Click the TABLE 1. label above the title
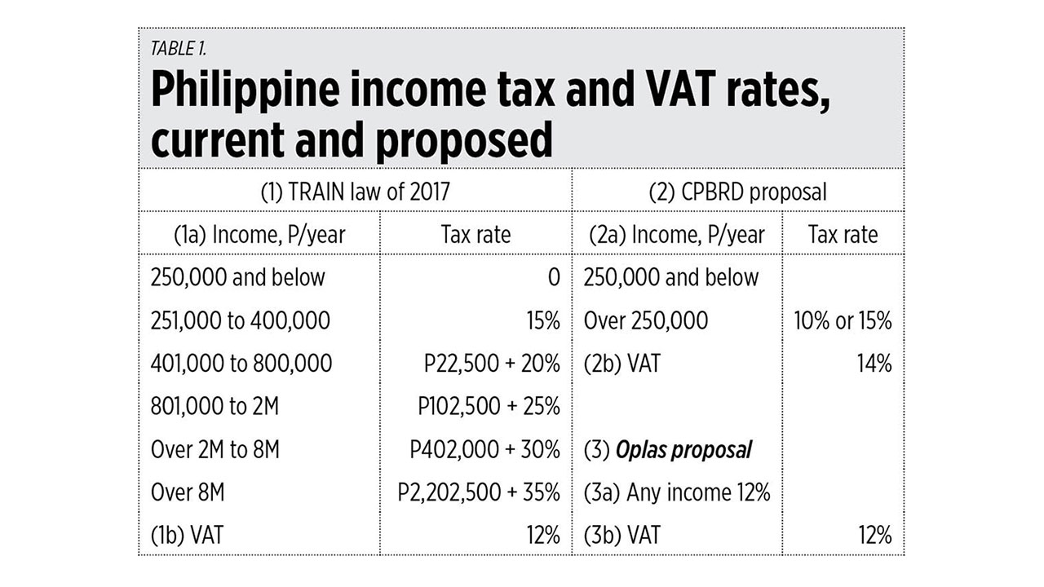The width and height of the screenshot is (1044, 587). (179, 48)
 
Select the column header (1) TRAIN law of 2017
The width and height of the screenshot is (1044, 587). (355, 191)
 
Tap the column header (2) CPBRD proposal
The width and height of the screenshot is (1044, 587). (737, 191)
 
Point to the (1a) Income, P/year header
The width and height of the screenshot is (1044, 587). (259, 235)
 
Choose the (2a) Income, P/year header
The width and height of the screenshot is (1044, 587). (677, 235)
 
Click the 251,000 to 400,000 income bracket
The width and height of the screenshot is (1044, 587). (241, 320)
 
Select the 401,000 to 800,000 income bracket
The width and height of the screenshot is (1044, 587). (241, 363)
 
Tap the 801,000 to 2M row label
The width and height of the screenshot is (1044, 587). (215, 406)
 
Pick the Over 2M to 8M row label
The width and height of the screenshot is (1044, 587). (215, 449)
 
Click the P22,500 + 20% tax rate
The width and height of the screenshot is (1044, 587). (492, 363)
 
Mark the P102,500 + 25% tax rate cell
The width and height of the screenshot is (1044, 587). (489, 406)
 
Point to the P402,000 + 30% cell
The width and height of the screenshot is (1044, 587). (484, 449)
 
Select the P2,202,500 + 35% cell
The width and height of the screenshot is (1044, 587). (479, 492)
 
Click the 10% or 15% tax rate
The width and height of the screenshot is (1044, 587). (843, 320)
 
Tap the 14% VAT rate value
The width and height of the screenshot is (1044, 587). (874, 363)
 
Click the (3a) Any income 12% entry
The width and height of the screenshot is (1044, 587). (677, 492)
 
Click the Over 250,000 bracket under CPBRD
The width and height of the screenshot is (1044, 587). (646, 320)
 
